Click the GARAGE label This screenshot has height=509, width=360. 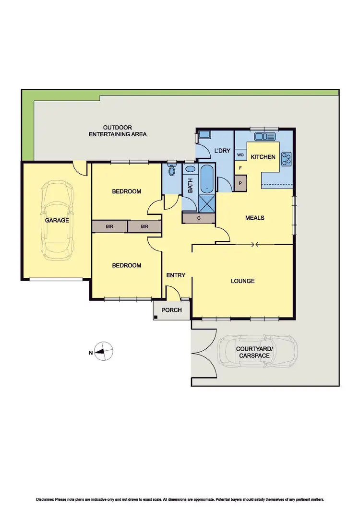(x=57, y=221)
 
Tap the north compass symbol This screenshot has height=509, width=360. (x=104, y=352)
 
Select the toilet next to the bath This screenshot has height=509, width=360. (x=172, y=171)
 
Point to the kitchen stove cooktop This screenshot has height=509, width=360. (x=287, y=158)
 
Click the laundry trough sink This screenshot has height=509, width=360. (x=204, y=135)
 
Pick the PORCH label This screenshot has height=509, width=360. (x=171, y=310)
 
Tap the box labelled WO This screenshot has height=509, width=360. (x=240, y=155)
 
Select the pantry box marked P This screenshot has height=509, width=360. (x=240, y=182)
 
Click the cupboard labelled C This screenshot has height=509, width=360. (x=199, y=218)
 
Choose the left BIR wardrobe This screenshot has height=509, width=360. (x=109, y=226)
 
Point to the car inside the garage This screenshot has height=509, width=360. (x=57, y=221)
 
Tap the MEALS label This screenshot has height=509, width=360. (x=255, y=218)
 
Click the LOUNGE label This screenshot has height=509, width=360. (x=242, y=281)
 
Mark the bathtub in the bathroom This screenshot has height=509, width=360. (x=207, y=179)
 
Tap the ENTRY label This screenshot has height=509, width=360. (x=175, y=275)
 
